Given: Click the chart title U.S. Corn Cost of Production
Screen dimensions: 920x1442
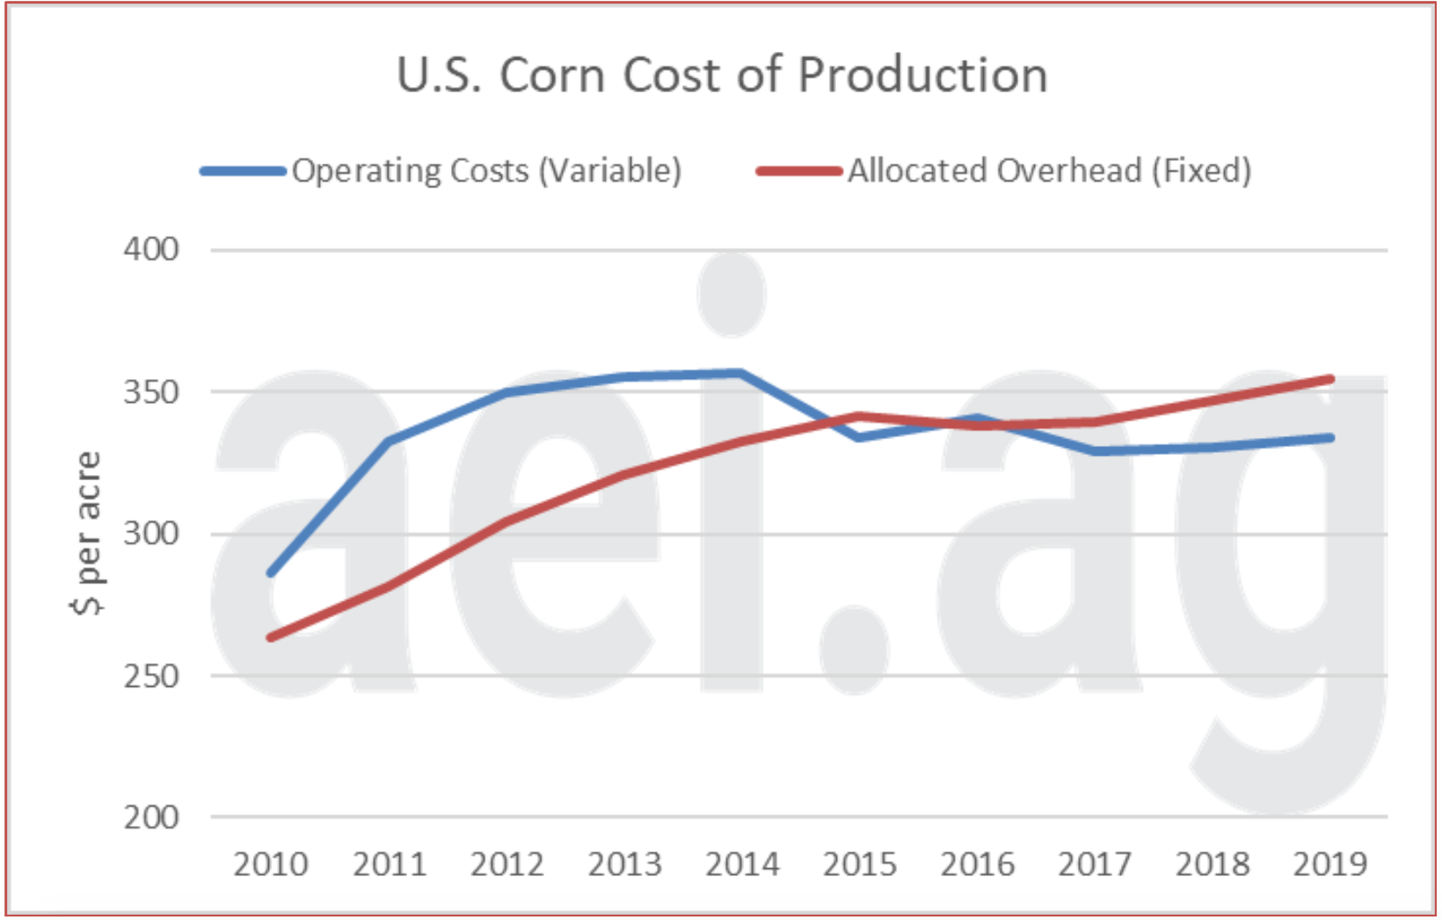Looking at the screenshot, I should tap(722, 75).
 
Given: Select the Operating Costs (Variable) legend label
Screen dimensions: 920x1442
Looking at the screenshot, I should tap(486, 171).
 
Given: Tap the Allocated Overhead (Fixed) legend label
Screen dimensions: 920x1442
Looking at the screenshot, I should tap(1049, 171).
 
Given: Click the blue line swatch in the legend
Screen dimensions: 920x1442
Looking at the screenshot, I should tap(244, 172).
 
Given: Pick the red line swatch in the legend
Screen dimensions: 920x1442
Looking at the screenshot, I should tap(799, 172).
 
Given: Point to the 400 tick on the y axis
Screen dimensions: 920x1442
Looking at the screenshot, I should tap(151, 250).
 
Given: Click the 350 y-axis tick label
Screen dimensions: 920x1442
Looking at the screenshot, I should tap(151, 392).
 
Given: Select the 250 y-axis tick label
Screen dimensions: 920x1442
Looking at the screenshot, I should tap(151, 676).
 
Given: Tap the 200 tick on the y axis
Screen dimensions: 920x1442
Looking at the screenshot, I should tap(151, 818).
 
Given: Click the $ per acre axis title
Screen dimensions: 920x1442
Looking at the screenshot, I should tap(88, 533).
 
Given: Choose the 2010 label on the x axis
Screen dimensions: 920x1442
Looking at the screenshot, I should tap(271, 865).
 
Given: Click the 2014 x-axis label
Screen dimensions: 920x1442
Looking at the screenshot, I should tap(742, 865).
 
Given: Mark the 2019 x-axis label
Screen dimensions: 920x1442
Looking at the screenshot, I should tap(1330, 865).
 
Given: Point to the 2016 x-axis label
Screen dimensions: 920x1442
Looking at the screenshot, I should tap(977, 865).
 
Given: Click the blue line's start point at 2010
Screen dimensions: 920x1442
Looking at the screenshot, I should tap(271, 573).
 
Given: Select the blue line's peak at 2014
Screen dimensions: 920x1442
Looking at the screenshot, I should tap(741, 373).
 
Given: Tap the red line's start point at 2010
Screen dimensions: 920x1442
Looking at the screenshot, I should tap(271, 638).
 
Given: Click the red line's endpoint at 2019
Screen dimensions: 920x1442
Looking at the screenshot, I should tap(1330, 379).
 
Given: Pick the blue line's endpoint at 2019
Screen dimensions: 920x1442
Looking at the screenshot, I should tap(1330, 437).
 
